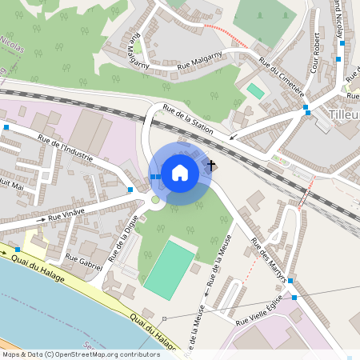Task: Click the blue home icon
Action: [180, 173]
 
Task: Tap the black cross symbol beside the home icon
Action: [211, 166]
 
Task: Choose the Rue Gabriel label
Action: [83, 261]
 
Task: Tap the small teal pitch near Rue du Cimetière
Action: [255, 90]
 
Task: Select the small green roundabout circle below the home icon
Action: [155, 199]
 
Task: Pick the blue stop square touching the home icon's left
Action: [153, 177]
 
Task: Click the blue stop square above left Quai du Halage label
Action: [18, 250]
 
